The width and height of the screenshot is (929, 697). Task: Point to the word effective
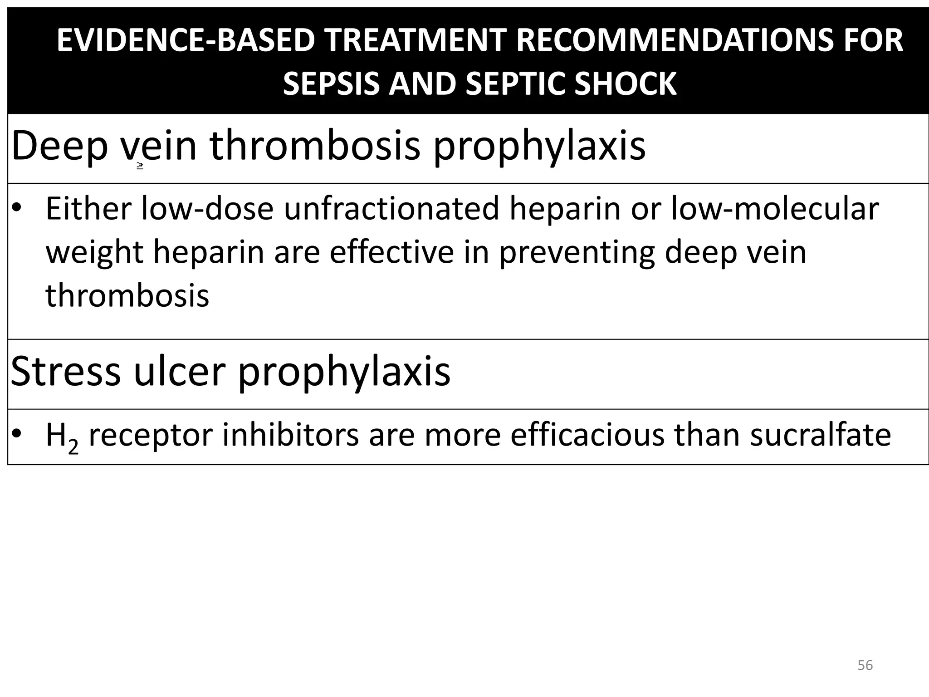point(391,252)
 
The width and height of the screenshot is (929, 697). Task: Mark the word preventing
point(577,252)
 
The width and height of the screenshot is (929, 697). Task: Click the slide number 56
point(865,665)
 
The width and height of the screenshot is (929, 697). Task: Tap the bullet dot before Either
point(17,209)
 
